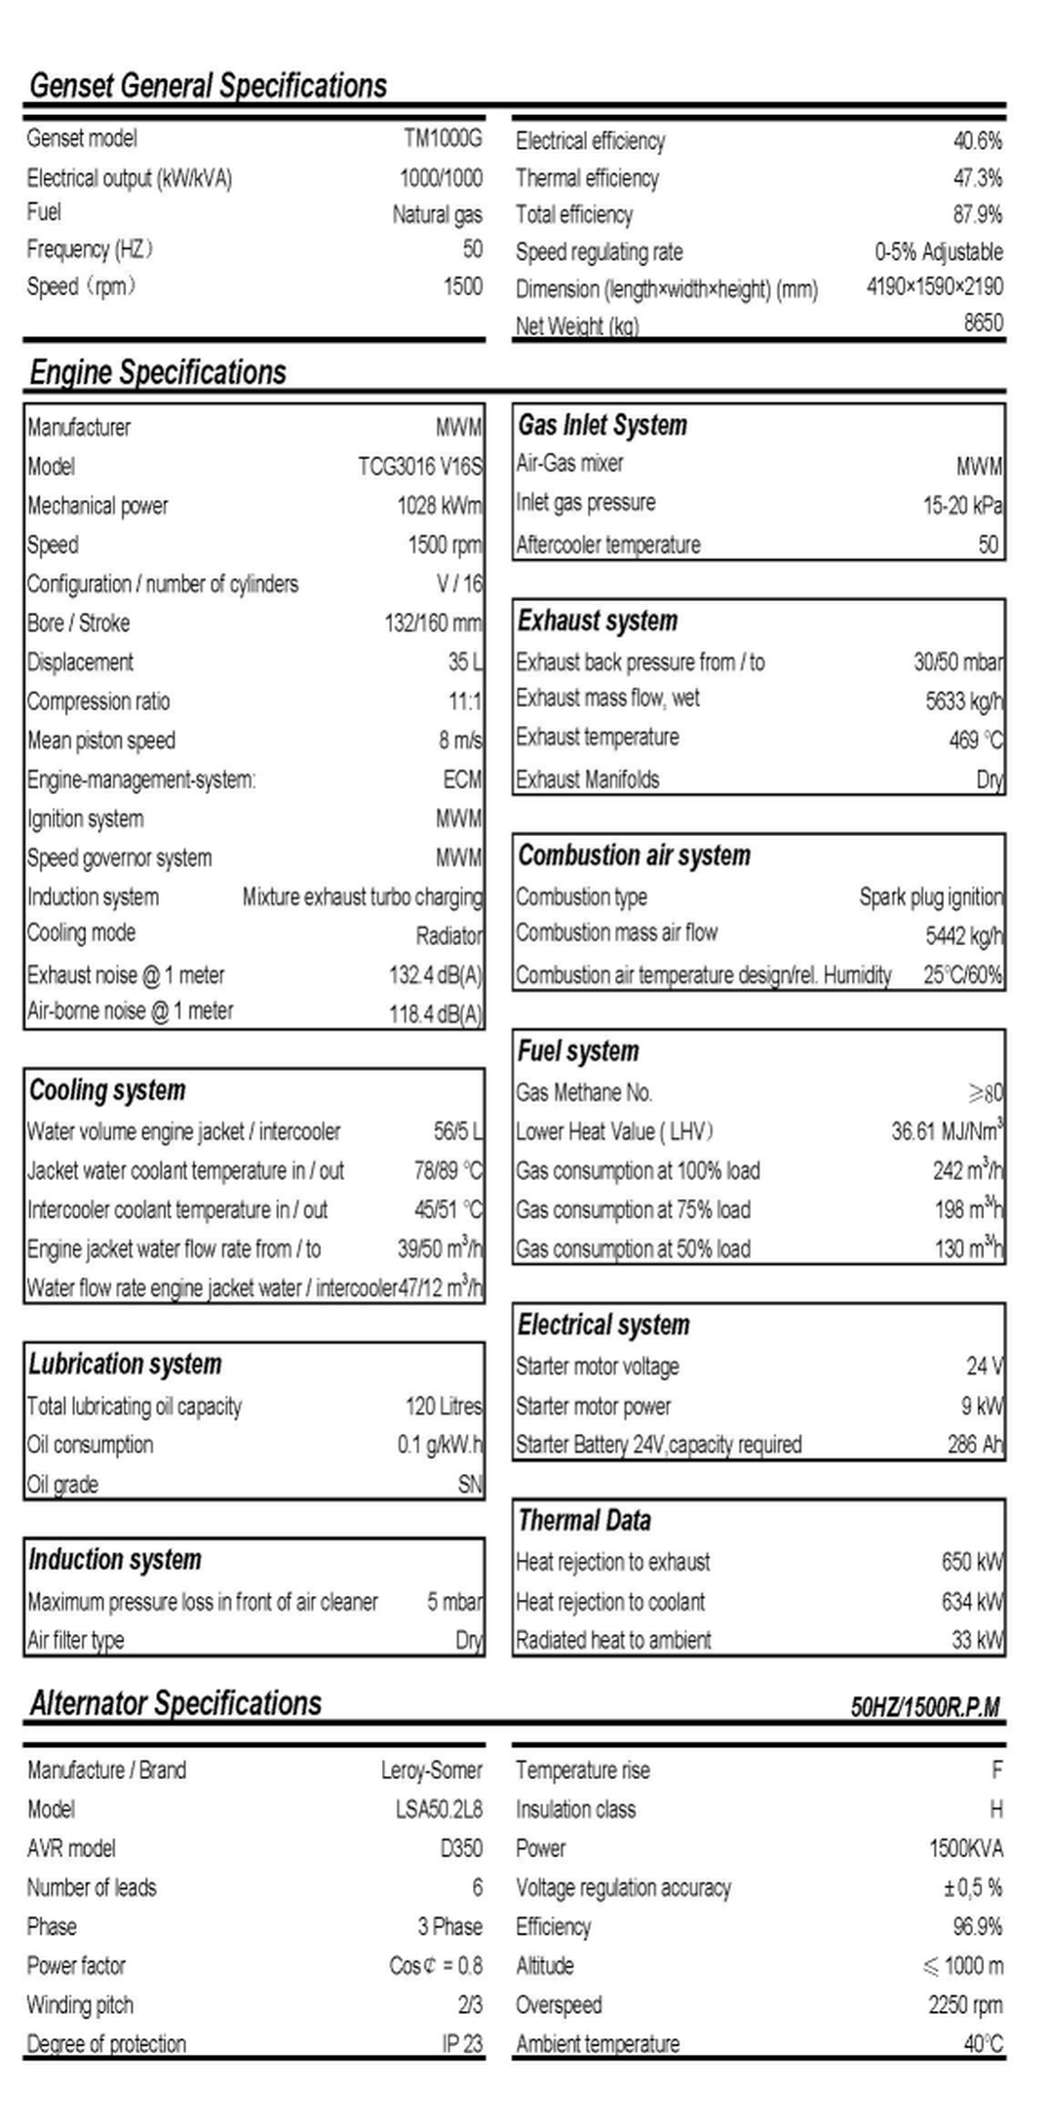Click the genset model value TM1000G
pyautogui.click(x=443, y=138)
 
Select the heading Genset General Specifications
pyautogui.click(x=208, y=86)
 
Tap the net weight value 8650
pyautogui.click(x=983, y=323)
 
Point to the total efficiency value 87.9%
pyautogui.click(x=977, y=214)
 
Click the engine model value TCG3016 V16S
pyautogui.click(x=419, y=467)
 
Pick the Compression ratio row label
pyautogui.click(x=98, y=702)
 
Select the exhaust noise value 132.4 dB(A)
pyautogui.click(x=435, y=975)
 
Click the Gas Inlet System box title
pyautogui.click(x=602, y=426)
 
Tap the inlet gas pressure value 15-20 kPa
pyautogui.click(x=962, y=506)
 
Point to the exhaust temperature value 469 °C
pyautogui.click(x=975, y=741)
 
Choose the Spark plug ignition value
pyautogui.click(x=930, y=897)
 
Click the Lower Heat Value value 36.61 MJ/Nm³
pyautogui.click(x=947, y=1131)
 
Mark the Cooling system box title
pyautogui.click(x=107, y=1090)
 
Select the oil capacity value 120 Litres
pyautogui.click(x=444, y=1406)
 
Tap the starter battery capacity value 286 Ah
pyautogui.click(x=975, y=1445)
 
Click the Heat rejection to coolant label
pyautogui.click(x=610, y=1602)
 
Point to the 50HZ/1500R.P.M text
pyautogui.click(x=925, y=1707)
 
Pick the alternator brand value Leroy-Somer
pyautogui.click(x=431, y=1770)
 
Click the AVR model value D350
pyautogui.click(x=461, y=1848)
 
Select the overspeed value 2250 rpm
pyautogui.click(x=965, y=2005)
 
